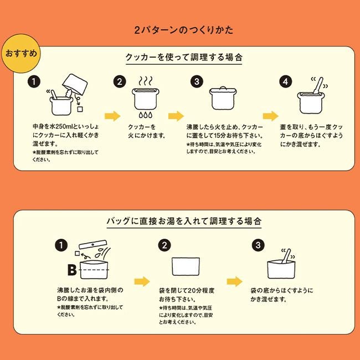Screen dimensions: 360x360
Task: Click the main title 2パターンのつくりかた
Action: tap(180, 29)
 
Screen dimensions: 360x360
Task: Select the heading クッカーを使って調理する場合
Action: tap(180, 56)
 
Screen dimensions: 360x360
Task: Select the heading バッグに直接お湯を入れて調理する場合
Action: tap(180, 220)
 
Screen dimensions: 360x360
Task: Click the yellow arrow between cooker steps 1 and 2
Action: tap(112, 116)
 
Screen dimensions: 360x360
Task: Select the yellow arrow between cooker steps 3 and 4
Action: tap(271, 116)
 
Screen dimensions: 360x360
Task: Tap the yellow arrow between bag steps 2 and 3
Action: tap(235, 280)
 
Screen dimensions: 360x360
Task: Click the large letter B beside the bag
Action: tap(71, 270)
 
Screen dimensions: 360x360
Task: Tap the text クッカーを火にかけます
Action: tap(146, 130)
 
